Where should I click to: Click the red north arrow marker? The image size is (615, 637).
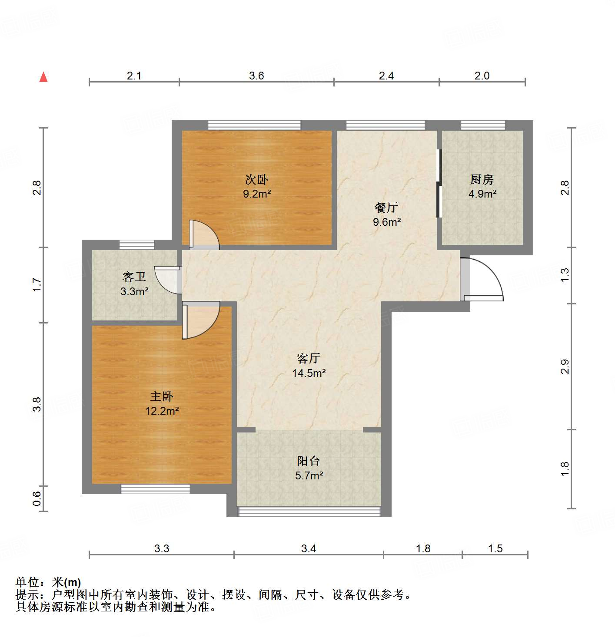coord(43,77)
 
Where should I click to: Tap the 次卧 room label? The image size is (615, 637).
coord(256,179)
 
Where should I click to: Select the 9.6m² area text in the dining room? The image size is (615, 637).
coord(386,222)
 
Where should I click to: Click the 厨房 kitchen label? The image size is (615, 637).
coord(482,179)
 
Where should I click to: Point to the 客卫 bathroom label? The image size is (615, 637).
coord(134,277)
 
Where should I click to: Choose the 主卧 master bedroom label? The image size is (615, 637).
coord(162,396)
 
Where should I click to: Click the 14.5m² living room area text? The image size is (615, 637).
coord(309,373)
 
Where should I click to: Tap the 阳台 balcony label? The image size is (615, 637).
coord(309,461)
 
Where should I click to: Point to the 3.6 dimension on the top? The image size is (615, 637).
coord(256,76)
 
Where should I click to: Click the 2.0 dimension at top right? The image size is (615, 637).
coord(482,76)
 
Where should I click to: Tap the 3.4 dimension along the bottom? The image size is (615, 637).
coord(309,548)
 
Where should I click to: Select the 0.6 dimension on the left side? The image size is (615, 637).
coord(37,498)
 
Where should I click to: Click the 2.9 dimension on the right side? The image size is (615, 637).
coord(565,366)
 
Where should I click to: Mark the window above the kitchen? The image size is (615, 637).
coord(483,125)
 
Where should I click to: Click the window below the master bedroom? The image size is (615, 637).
coord(155,489)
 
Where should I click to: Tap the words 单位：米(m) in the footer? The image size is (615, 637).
coord(48,582)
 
